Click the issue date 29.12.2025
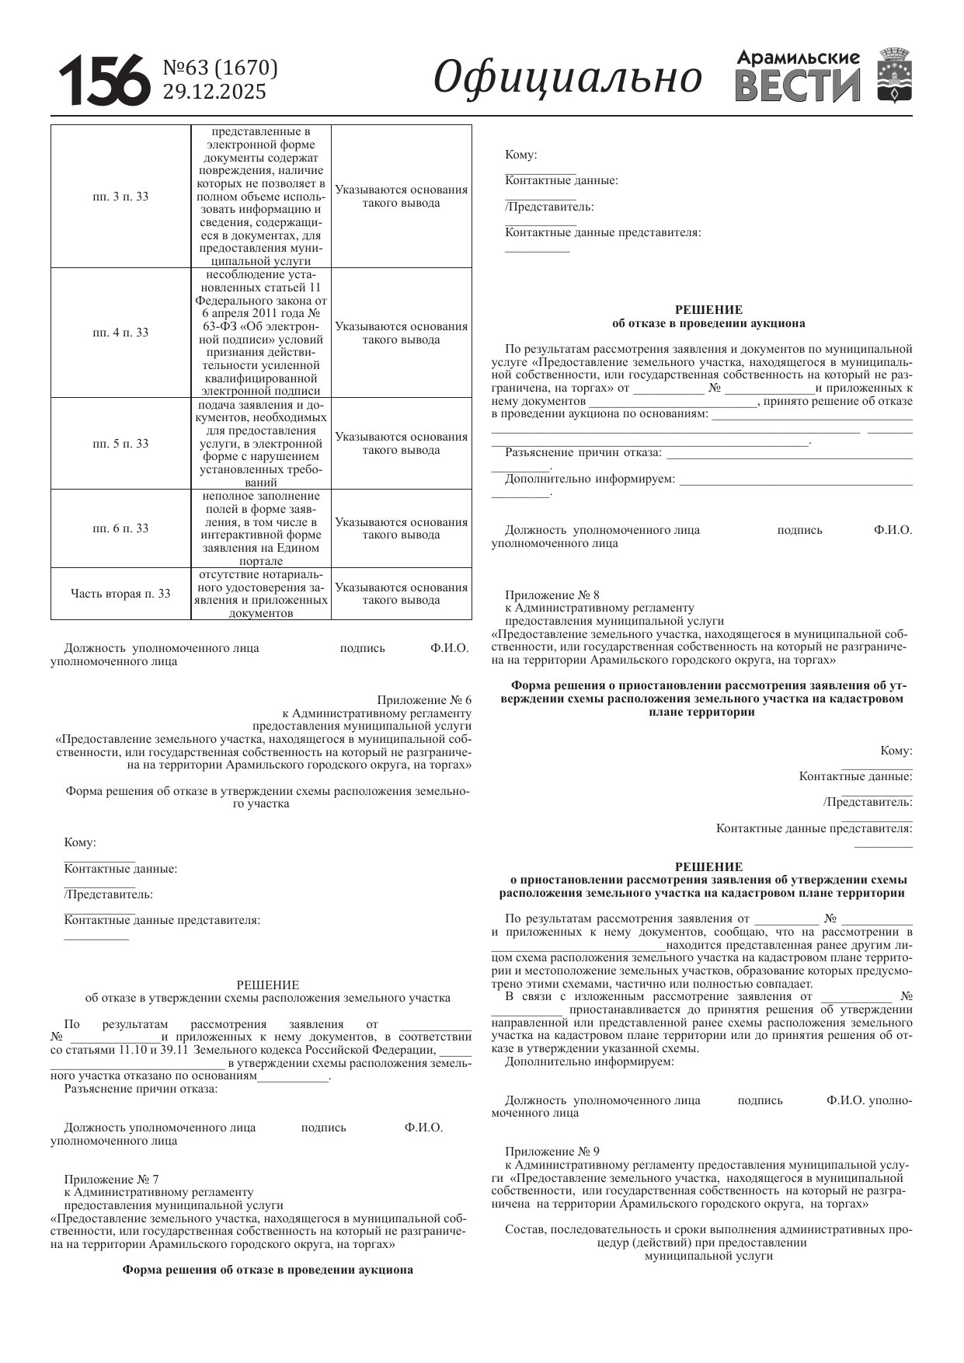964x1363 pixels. (x=214, y=92)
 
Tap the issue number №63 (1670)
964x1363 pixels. (x=220, y=68)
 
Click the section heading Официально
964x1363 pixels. (x=567, y=77)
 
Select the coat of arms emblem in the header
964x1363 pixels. (x=895, y=75)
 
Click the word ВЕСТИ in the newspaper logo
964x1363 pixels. (x=798, y=85)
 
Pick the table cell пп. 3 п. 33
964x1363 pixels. (x=120, y=197)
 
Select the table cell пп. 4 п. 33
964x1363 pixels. (x=120, y=333)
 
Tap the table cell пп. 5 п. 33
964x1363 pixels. (x=120, y=444)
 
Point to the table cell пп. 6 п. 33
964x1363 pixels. (x=120, y=528)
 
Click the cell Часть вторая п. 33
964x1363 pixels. (x=120, y=594)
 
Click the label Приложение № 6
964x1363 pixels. (x=424, y=699)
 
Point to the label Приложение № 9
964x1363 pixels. (x=552, y=1152)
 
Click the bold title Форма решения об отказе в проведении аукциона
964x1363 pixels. (x=267, y=1270)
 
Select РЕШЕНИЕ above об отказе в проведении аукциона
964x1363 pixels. (x=708, y=310)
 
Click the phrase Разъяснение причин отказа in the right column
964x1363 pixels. (x=583, y=452)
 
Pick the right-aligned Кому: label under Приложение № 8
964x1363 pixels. (x=896, y=751)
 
